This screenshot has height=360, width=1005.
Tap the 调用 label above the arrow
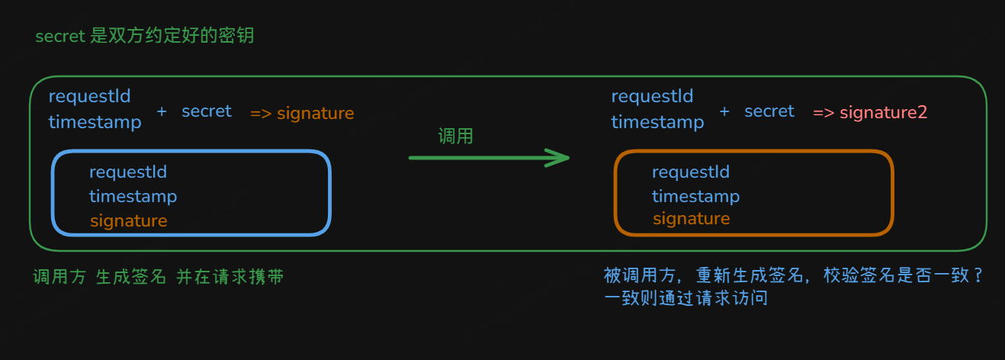[x=456, y=137]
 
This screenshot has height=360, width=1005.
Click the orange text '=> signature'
[x=302, y=114]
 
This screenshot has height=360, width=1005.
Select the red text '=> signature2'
[x=870, y=113]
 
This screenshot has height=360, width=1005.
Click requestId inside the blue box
[x=128, y=172]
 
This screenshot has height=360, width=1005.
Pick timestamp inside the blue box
[x=133, y=196]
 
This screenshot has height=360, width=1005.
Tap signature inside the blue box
[x=128, y=220]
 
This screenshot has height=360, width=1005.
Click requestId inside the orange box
[x=691, y=172]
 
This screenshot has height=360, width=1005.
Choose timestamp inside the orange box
[x=695, y=196]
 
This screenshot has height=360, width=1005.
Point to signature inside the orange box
[x=691, y=219]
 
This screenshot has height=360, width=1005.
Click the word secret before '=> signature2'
[x=769, y=111]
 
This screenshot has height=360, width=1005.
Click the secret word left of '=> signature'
[x=207, y=111]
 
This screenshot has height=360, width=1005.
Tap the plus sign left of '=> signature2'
[x=724, y=111]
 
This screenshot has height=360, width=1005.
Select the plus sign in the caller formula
[x=162, y=111]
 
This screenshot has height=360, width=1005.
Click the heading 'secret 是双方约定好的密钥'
[x=150, y=36]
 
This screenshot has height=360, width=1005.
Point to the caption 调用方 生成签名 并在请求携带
[x=159, y=277]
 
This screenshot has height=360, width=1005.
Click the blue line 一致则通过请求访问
[x=686, y=298]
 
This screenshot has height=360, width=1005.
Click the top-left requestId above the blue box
[x=90, y=97]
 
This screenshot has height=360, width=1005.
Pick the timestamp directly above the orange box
[x=657, y=122]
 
